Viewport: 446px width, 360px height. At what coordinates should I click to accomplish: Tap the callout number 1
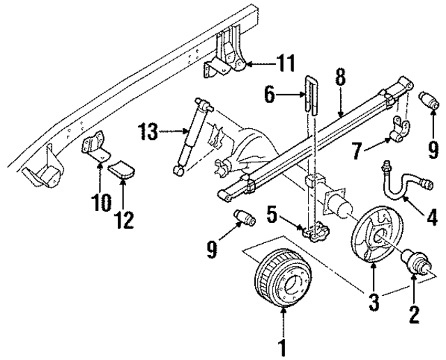tap(282, 344)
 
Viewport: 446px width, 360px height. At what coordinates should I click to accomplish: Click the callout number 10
tap(100, 203)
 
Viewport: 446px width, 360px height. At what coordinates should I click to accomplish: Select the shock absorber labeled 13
tap(192, 134)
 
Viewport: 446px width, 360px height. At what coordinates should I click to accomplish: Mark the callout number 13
tap(147, 130)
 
